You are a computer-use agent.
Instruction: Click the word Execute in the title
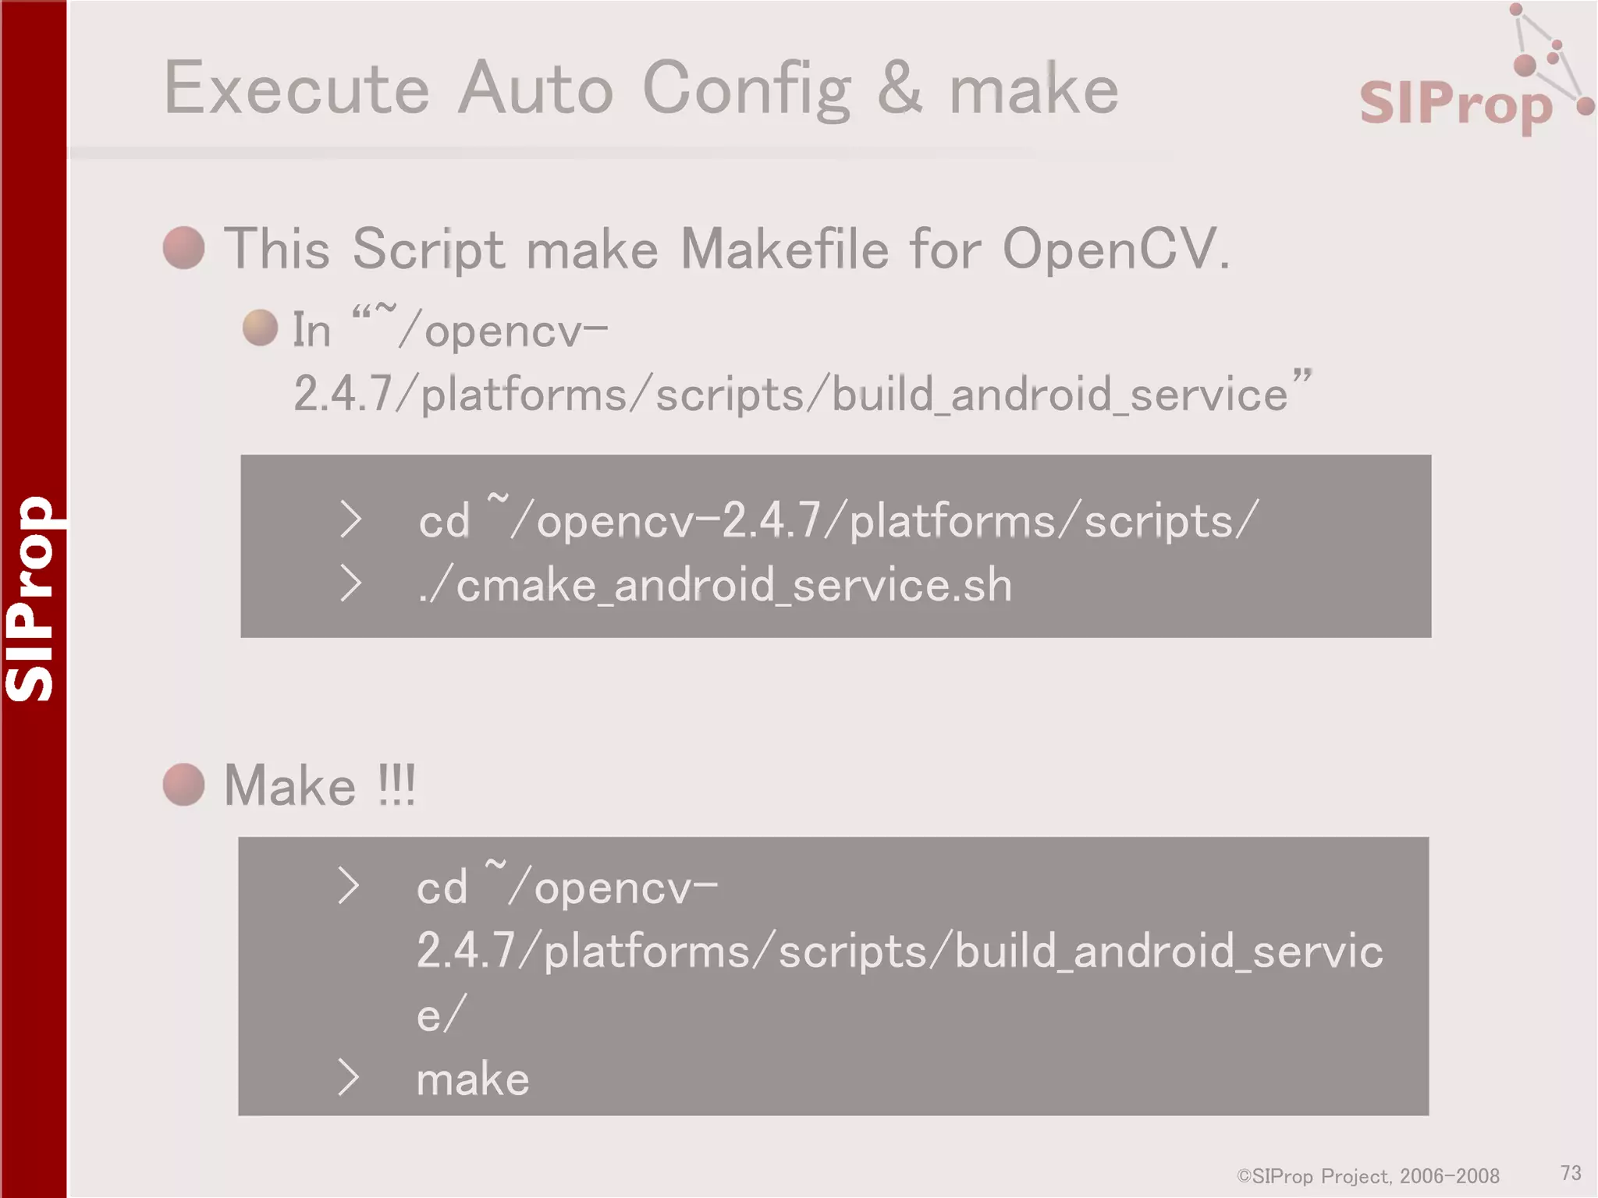(x=297, y=89)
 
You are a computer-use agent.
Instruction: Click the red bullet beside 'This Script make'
(x=184, y=248)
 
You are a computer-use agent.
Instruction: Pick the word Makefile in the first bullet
(x=784, y=250)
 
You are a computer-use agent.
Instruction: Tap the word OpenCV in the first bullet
(x=1108, y=250)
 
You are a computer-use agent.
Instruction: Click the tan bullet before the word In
(x=260, y=328)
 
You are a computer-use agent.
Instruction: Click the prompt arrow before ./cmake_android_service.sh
(x=350, y=584)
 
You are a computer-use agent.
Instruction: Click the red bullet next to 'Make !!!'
(x=184, y=784)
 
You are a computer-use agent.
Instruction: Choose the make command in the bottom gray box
(x=473, y=1079)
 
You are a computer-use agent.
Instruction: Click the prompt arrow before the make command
(x=348, y=1078)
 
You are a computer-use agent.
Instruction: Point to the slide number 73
(x=1571, y=1172)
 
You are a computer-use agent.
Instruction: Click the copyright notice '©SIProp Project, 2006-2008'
(x=1368, y=1175)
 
